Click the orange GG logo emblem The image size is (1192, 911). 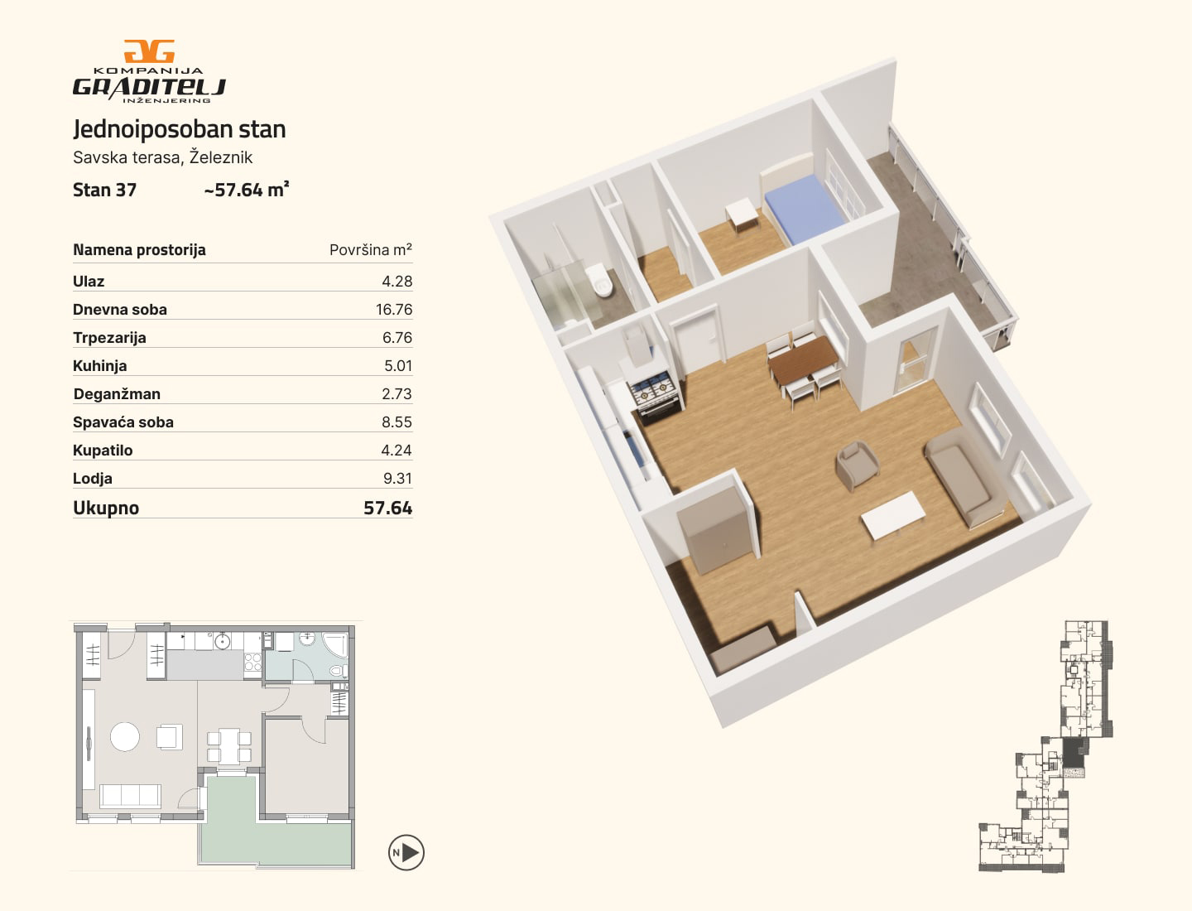click(x=149, y=51)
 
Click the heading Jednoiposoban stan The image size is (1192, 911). click(x=179, y=129)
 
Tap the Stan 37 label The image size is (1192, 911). click(x=105, y=190)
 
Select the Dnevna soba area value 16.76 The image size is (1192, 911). click(x=394, y=309)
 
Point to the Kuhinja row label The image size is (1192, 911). click(x=100, y=365)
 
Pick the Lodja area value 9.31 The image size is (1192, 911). click(x=397, y=478)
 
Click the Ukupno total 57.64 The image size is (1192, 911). click(x=387, y=508)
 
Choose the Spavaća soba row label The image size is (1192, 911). click(x=123, y=422)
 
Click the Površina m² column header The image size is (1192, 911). click(x=371, y=250)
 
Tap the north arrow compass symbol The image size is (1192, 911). click(x=406, y=852)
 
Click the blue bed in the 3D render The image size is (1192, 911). click(x=805, y=209)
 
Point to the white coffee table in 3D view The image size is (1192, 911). click(x=893, y=515)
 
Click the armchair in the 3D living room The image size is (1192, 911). click(x=857, y=465)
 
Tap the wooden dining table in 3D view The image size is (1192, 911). click(x=804, y=359)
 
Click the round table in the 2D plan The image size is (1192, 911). click(x=125, y=736)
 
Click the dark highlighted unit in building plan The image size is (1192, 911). click(x=1073, y=753)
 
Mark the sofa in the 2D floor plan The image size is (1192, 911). click(x=130, y=795)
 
